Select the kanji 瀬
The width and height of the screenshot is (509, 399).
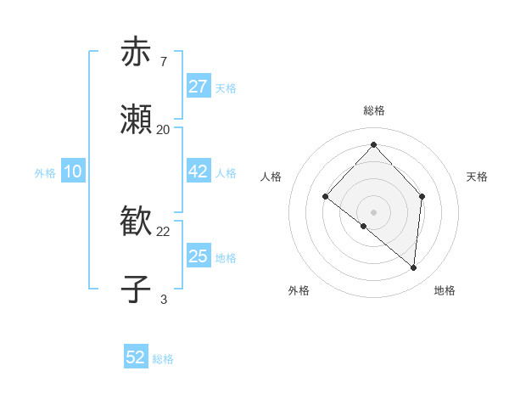click(136, 120)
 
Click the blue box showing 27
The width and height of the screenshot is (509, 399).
click(199, 87)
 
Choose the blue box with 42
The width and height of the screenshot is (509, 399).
click(199, 171)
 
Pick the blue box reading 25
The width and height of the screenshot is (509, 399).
click(199, 256)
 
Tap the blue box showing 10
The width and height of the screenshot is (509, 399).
click(73, 171)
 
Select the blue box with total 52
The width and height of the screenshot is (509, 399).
click(136, 357)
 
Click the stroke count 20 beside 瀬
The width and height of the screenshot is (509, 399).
click(164, 129)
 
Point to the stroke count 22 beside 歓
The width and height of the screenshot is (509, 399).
click(164, 231)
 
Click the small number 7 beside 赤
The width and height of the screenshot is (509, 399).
click(163, 61)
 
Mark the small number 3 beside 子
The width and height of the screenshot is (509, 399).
click(163, 299)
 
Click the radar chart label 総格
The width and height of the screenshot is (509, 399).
click(373, 110)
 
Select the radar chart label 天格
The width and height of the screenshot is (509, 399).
click(477, 177)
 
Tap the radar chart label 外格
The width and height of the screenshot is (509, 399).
click(299, 290)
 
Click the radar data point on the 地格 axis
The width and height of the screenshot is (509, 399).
click(413, 267)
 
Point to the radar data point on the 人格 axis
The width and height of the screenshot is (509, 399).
click(325, 196)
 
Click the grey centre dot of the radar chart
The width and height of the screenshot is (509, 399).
click(373, 211)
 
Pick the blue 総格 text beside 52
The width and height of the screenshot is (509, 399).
click(163, 359)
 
